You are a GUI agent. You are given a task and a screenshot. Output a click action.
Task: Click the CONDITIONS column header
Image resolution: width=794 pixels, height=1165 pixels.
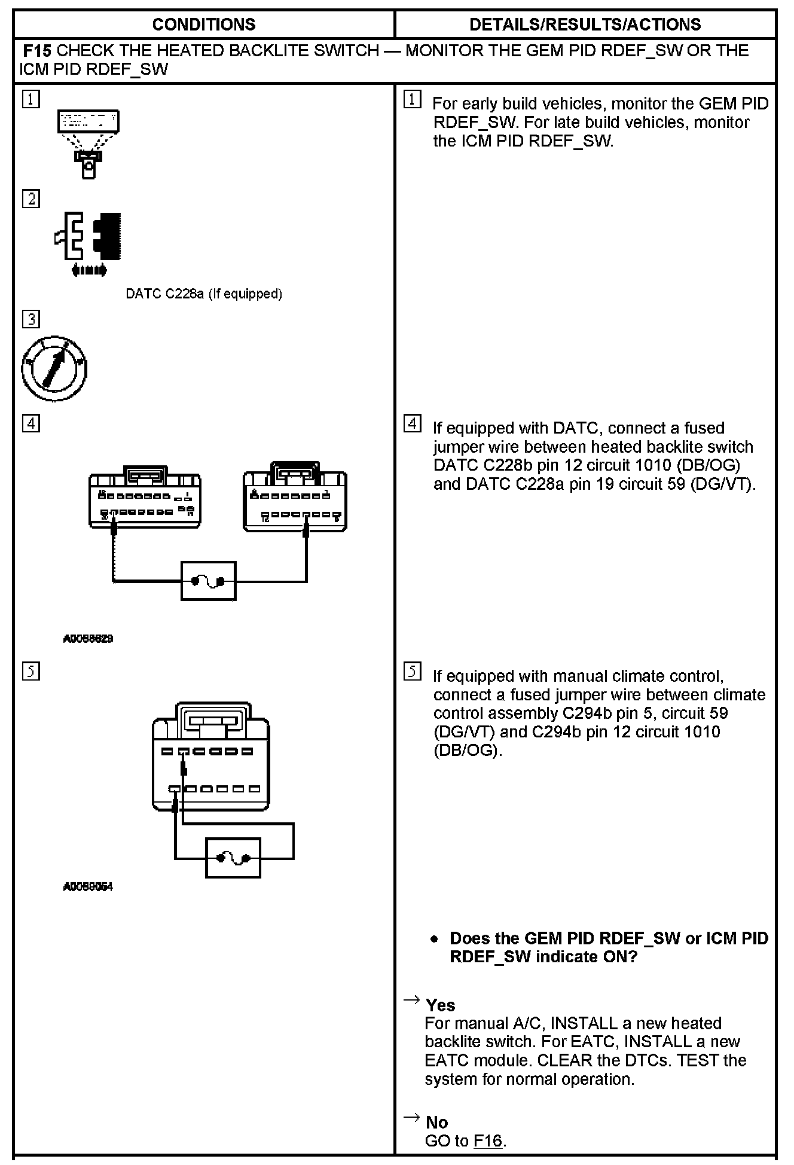point(204,25)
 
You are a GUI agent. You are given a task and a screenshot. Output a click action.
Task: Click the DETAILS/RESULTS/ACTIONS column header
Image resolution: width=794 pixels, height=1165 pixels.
point(585,25)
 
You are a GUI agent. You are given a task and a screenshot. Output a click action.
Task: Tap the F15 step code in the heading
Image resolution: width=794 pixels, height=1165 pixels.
point(37,51)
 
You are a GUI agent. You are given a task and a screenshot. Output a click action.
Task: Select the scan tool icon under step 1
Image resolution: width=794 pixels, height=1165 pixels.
point(88,144)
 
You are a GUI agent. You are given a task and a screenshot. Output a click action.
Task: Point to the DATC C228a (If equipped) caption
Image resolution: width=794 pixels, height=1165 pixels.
point(204,294)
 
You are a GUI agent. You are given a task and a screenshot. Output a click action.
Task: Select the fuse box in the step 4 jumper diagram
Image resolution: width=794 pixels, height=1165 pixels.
point(209,581)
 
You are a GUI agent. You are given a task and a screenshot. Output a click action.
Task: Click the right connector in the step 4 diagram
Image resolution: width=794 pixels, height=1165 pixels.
point(295,496)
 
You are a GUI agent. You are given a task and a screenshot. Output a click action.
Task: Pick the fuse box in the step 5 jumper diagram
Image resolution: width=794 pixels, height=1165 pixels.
point(233,858)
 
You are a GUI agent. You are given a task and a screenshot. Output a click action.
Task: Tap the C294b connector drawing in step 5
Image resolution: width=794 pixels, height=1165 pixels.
point(210,757)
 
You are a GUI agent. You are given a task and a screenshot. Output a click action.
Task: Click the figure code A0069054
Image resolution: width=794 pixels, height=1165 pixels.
point(88,886)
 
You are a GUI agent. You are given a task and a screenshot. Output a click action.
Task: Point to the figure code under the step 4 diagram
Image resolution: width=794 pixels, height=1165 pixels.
point(88,639)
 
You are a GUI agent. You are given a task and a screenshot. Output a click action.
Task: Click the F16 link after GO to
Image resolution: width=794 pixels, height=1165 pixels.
point(488,1140)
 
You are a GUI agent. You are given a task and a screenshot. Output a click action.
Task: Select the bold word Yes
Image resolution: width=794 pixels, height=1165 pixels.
point(441,1005)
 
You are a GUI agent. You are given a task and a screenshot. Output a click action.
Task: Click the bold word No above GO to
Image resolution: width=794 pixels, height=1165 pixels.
point(437,1122)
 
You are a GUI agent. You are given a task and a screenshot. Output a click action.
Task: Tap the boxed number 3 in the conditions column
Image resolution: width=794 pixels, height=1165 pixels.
point(31,319)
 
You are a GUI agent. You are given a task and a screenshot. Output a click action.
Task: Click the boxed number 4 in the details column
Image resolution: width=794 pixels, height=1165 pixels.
point(413,424)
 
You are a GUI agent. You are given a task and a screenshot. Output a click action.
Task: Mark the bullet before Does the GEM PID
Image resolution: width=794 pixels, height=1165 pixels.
point(435,940)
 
